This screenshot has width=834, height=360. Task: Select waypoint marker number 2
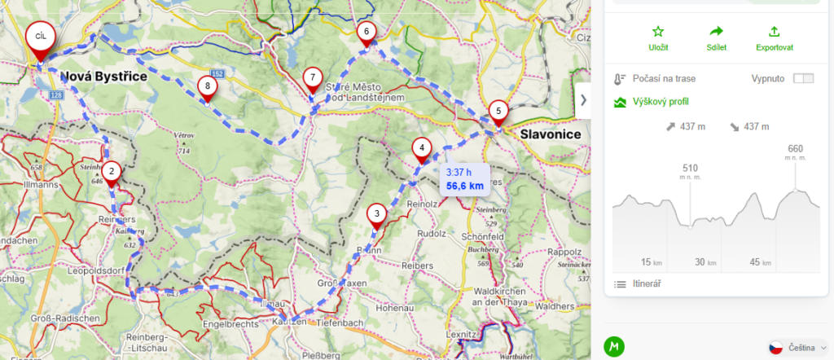[x=112, y=171]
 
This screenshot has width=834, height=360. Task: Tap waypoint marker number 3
[x=375, y=215]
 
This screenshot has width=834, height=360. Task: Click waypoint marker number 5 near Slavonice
[x=498, y=112]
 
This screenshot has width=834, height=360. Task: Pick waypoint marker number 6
[x=367, y=33]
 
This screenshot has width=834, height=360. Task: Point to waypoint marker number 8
[x=208, y=86]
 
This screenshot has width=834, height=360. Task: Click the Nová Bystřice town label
[x=104, y=77]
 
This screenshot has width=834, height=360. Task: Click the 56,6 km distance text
[x=465, y=187]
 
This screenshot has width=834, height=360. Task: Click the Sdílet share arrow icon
[x=717, y=32]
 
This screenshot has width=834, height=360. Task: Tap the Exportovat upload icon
[x=774, y=32]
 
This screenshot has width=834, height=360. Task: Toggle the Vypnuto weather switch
[x=803, y=78]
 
